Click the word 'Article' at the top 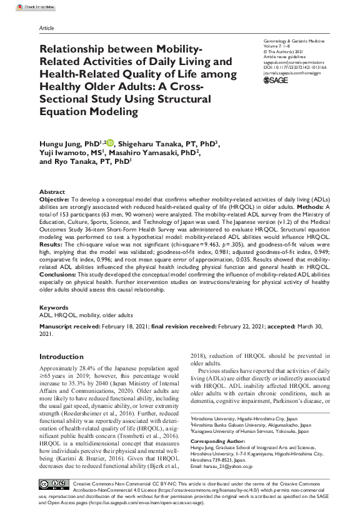(x=46, y=29)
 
